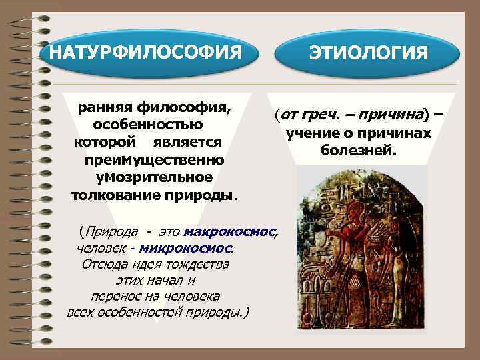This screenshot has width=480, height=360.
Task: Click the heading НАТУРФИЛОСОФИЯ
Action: pos(147,51)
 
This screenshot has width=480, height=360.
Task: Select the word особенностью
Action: pos(148,125)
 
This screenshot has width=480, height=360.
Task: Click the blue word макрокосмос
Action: pos(230,231)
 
